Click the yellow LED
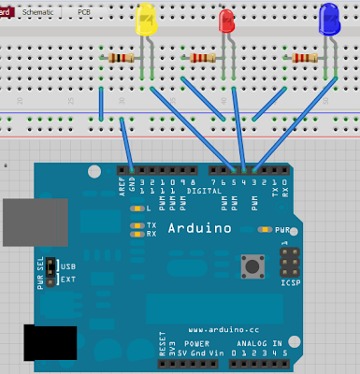pyautogui.click(x=147, y=21)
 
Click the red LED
pyautogui.click(x=227, y=22)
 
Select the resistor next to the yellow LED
pyautogui.click(x=120, y=58)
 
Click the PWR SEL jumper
pyautogui.click(x=53, y=272)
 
